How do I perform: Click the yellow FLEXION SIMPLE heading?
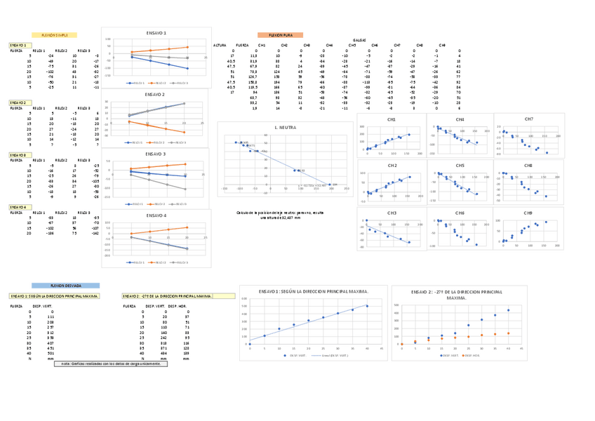54,34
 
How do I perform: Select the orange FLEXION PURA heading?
280,34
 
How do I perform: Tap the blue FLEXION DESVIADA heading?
65,286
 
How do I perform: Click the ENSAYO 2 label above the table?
18,102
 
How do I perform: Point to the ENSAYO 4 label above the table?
18,207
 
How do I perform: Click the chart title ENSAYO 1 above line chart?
156,33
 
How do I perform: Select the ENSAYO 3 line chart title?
156,153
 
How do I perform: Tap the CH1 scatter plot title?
392,120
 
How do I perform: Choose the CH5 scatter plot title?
460,166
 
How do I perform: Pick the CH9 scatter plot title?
528,213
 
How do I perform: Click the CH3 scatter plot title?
392,213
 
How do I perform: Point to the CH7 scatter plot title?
528,119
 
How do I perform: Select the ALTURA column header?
220,45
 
